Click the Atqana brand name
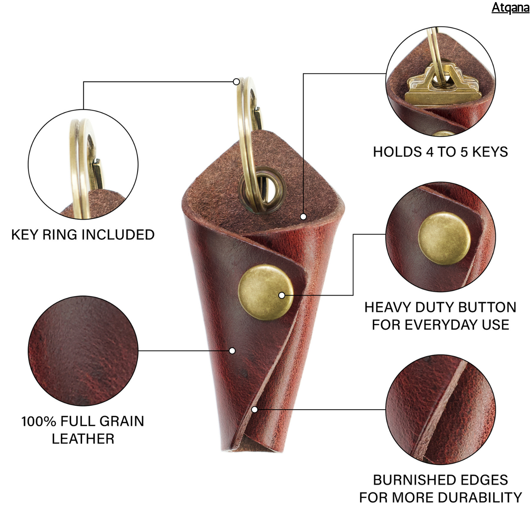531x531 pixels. [x=510, y=7]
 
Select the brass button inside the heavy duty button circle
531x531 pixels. [x=444, y=238]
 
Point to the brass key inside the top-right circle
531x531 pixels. [x=442, y=88]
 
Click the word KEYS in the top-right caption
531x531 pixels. [x=490, y=152]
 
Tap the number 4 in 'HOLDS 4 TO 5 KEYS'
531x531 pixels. [x=430, y=152]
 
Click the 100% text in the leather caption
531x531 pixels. [x=39, y=421]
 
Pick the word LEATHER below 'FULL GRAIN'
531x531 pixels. [x=83, y=439]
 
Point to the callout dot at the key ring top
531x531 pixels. [x=236, y=82]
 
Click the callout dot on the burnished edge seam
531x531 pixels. [x=254, y=410]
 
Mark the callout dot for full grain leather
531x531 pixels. [x=232, y=351]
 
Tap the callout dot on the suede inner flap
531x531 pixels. [x=303, y=217]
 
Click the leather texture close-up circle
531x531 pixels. [x=83, y=351]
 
